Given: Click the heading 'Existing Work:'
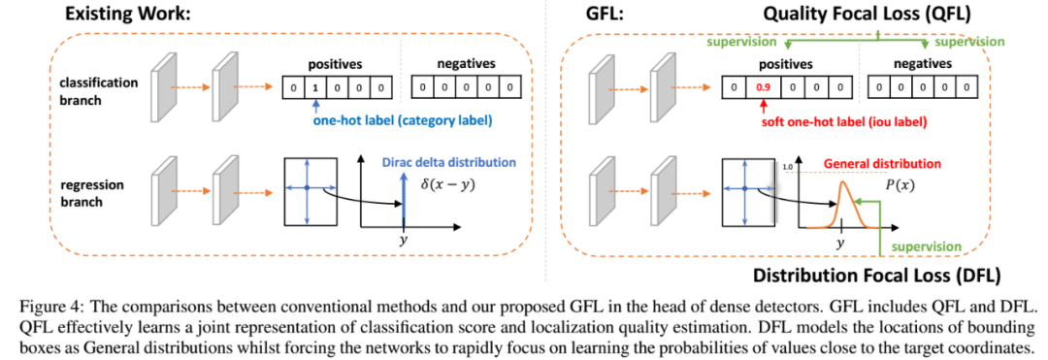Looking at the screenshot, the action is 128,14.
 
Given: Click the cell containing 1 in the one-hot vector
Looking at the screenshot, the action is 313,87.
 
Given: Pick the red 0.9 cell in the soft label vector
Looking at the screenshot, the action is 759,87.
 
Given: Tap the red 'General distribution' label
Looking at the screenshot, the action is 882,163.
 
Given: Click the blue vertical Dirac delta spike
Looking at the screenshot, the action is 403,198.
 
